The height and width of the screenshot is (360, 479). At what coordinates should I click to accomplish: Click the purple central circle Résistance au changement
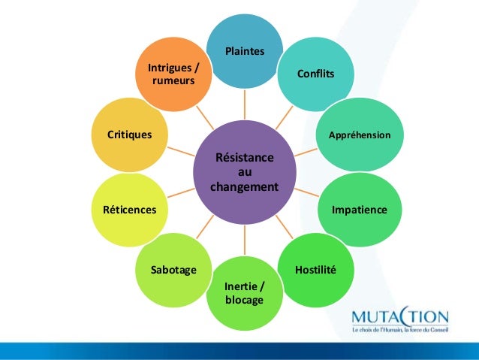point(245,172)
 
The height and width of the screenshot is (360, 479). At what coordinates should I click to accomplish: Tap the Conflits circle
point(315,74)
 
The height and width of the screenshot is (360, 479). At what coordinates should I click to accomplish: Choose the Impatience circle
point(360,210)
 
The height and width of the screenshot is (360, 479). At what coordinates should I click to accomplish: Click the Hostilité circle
point(315,269)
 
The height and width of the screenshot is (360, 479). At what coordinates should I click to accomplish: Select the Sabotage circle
point(173,269)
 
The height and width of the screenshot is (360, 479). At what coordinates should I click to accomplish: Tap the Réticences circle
point(130,210)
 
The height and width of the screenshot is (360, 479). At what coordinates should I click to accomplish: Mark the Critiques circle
point(130,135)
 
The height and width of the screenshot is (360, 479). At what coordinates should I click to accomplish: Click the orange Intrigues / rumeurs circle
point(173,74)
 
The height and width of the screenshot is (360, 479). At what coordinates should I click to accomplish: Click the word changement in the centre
point(245,186)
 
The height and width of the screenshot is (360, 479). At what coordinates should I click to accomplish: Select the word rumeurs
point(173,80)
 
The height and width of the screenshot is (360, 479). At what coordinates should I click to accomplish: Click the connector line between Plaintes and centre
point(245,104)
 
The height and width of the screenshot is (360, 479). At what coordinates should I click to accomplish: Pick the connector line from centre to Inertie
point(245,240)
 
